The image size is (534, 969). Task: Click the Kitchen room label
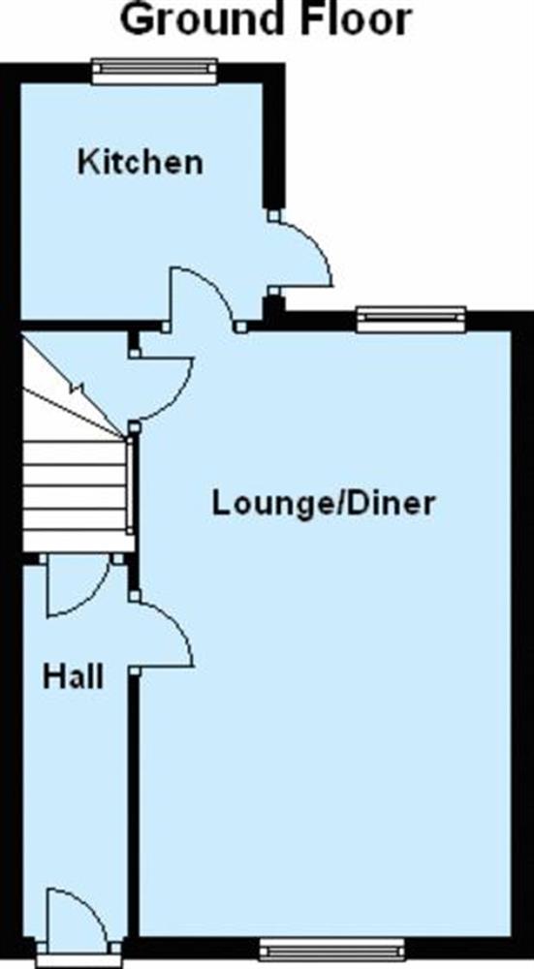(140, 162)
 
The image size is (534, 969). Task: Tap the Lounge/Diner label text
(324, 503)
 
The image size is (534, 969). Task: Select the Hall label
(73, 677)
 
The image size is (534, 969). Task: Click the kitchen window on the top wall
(154, 71)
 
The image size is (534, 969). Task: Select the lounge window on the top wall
(411, 319)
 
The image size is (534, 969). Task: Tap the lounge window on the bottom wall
(331, 949)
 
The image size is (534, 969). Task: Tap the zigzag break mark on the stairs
(79, 390)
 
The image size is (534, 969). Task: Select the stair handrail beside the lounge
(130, 485)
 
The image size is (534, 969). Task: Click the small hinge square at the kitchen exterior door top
(273, 215)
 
